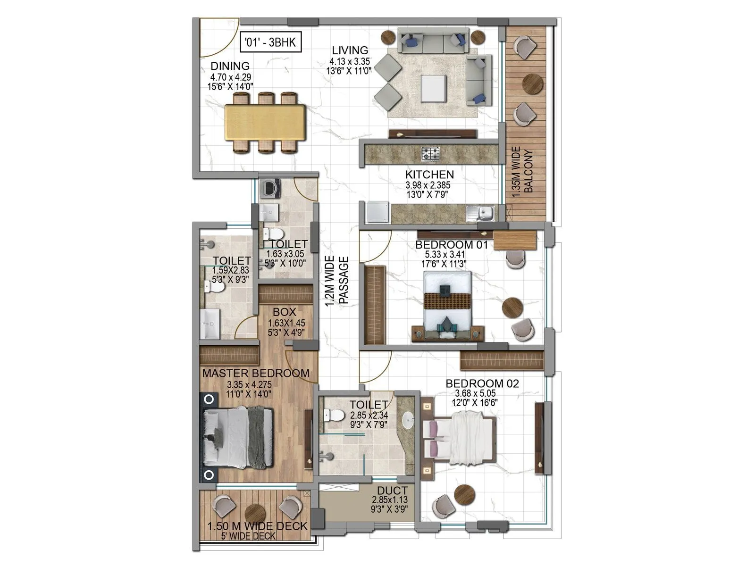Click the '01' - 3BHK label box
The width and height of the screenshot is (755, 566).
[x=270, y=42]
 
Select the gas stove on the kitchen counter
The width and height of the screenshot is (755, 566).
[x=430, y=153]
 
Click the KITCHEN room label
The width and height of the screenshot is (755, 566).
[x=429, y=175]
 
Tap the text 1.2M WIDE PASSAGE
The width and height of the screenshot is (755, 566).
[x=337, y=281]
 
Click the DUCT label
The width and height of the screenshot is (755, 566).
[x=393, y=491]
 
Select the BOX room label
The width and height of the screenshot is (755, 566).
[x=285, y=312]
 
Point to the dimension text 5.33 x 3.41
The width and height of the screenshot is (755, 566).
[x=444, y=255]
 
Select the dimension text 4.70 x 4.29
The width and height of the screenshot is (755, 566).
[x=230, y=77]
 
